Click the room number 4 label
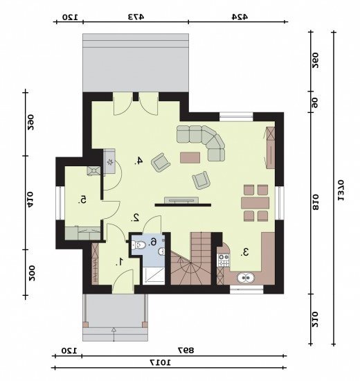click(138, 161)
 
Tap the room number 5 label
click(82, 200)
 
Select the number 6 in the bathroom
click(153, 242)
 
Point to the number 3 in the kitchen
click(244, 252)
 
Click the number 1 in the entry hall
click(120, 262)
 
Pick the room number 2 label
click(135, 218)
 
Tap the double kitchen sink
click(246, 277)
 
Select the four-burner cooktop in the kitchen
click(224, 260)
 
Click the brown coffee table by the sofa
click(190, 157)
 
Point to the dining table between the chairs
click(255, 203)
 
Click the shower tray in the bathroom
click(154, 276)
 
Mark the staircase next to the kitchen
click(190, 258)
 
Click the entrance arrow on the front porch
click(114, 335)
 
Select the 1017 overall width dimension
click(161, 362)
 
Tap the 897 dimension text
click(186, 350)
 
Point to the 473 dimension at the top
click(136, 17)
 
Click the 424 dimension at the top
click(240, 17)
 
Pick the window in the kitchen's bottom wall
click(246, 290)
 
